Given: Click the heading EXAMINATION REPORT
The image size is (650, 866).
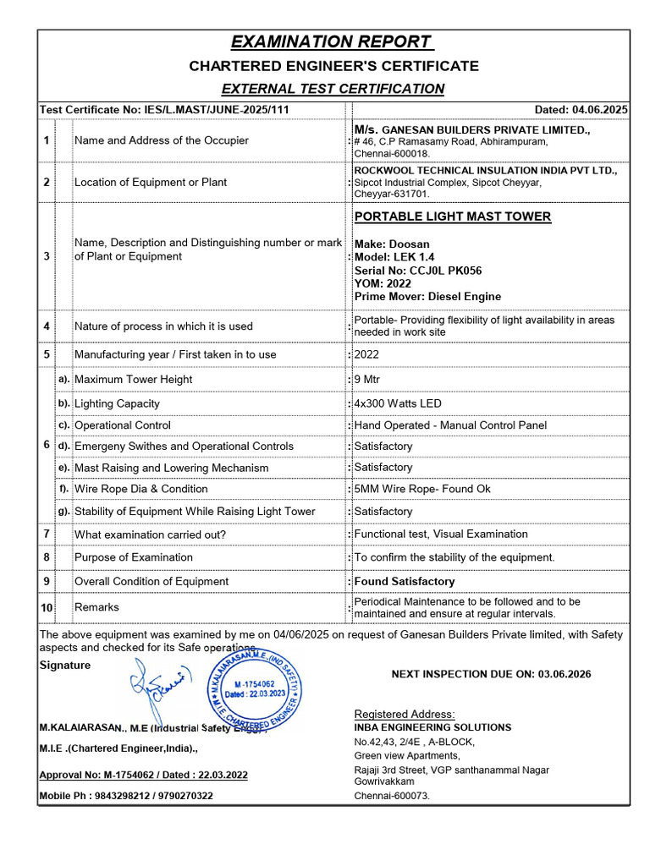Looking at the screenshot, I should pyautogui.click(x=333, y=42).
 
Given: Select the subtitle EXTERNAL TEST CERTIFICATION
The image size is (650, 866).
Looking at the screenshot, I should pyautogui.click(x=333, y=88).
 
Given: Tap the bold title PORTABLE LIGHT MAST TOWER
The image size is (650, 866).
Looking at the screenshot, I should pyautogui.click(x=452, y=216).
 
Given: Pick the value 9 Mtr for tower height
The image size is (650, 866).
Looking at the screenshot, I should pyautogui.click(x=368, y=380).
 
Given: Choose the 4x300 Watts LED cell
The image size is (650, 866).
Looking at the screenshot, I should pyautogui.click(x=398, y=403).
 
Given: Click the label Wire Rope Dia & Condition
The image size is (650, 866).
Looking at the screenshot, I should pyautogui.click(x=140, y=489).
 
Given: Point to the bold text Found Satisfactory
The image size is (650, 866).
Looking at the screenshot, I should pyautogui.click(x=404, y=581).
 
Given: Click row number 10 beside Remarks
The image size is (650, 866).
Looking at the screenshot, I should pyautogui.click(x=47, y=607).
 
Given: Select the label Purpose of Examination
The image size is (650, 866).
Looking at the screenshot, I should pyautogui.click(x=133, y=557).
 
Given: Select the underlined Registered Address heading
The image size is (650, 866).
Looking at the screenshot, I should pyautogui.click(x=404, y=714).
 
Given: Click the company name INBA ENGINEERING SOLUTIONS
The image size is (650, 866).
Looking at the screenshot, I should pyautogui.click(x=432, y=727).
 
